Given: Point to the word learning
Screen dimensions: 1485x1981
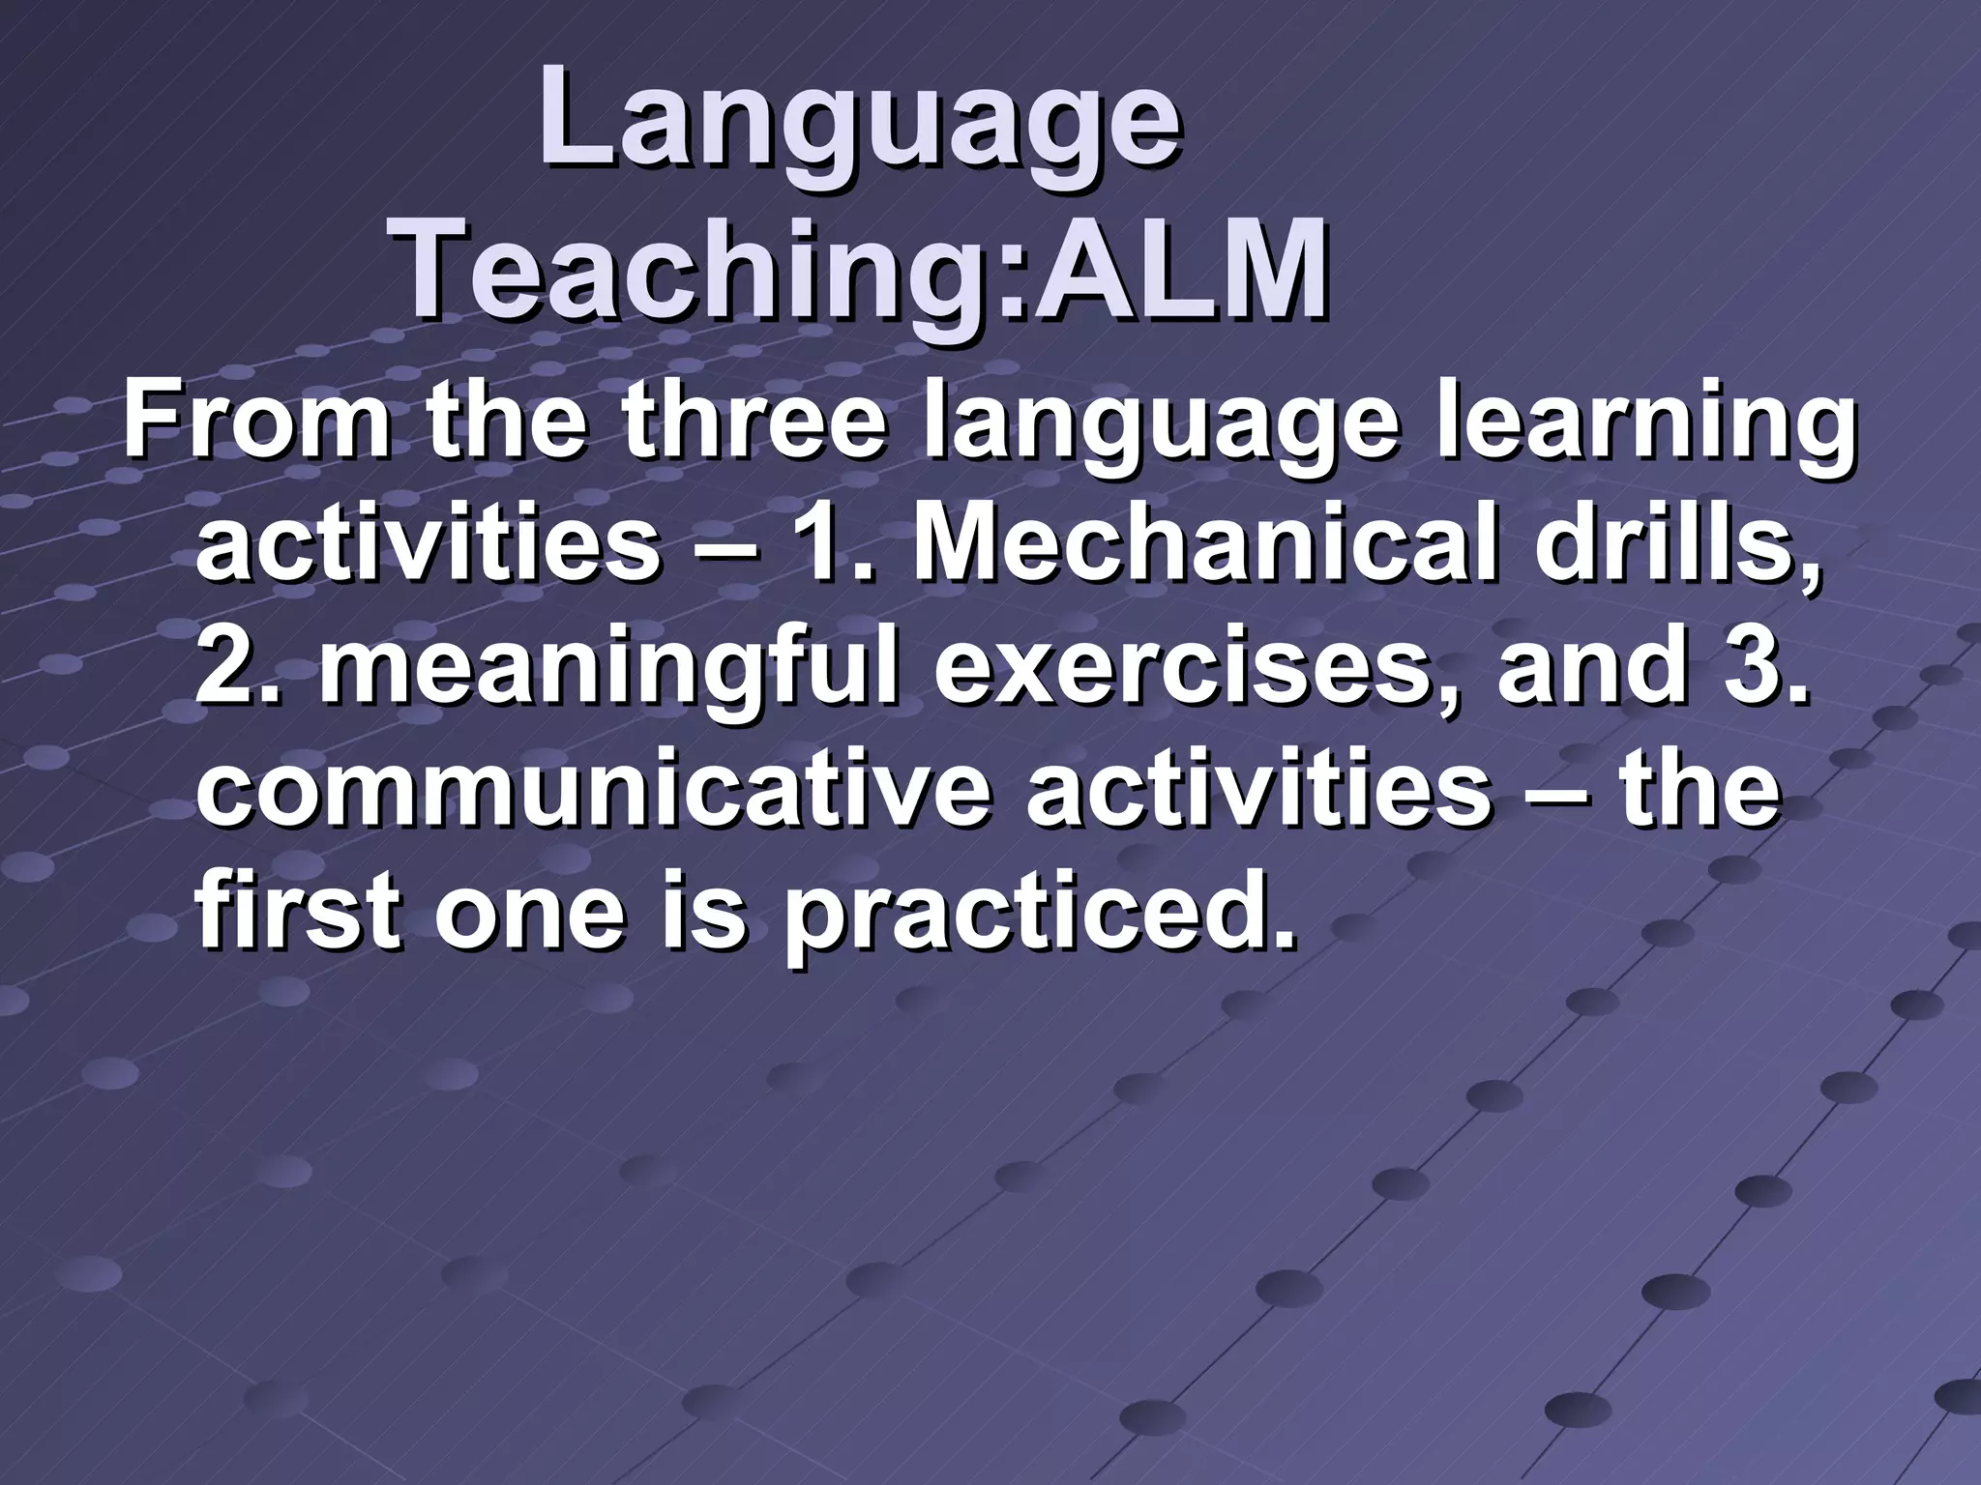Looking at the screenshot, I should click(1643, 424).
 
